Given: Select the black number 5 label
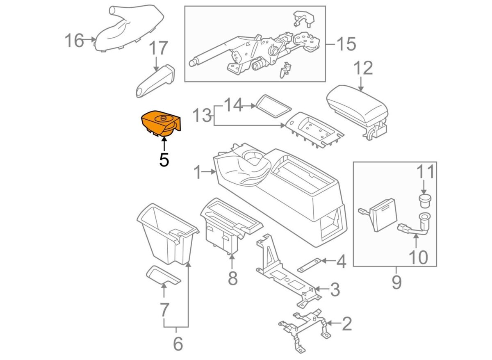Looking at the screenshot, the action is coord(164,159).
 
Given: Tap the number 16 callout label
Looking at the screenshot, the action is coord(74,41).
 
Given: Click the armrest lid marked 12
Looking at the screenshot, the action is coord(358,112).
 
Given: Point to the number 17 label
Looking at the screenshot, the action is coord(159,48).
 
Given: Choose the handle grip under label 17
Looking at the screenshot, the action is coord(155,81).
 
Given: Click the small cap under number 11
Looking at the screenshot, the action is coord(425,201).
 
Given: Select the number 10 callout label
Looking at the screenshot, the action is coord(419,257).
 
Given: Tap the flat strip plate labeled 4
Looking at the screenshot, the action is coord(309,265).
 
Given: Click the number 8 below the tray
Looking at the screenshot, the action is coord(233,278).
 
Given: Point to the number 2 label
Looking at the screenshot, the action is coord(347,324).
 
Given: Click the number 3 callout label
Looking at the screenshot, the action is coord(335,289).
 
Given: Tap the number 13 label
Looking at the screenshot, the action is coord(202,115).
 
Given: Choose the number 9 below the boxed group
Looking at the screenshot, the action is coord(397,282).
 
